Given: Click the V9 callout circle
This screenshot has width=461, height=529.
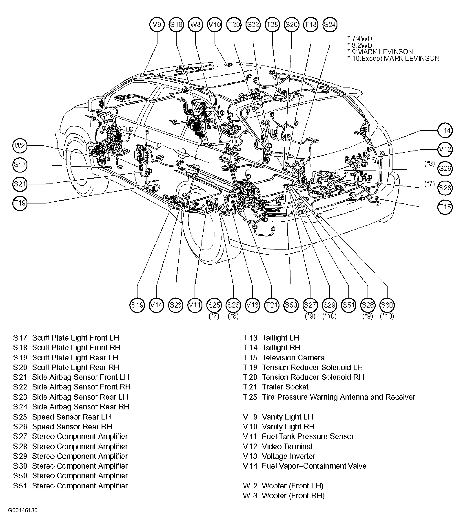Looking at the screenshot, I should click(157, 25).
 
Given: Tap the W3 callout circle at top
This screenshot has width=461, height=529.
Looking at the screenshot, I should click(195, 25).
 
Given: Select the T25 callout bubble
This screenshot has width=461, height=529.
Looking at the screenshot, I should click(272, 25).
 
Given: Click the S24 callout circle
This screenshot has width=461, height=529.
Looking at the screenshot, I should click(330, 25).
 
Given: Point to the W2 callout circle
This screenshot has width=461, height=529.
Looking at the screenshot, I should click(20, 146).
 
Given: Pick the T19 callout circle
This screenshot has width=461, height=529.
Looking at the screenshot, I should click(20, 203).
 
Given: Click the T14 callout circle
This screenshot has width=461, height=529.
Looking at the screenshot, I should click(445, 131).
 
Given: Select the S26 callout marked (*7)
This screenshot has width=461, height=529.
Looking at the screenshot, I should click(445, 188).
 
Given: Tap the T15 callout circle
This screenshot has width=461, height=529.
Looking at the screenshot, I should click(445, 207).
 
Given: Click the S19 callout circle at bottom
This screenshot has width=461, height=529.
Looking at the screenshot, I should click(137, 305).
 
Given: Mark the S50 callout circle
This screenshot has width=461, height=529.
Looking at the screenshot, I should click(291, 305).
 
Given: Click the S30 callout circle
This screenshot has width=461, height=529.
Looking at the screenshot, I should click(387, 305).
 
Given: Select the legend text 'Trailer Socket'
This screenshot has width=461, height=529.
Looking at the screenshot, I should click(285, 387).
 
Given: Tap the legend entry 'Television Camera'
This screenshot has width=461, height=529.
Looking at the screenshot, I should click(293, 358).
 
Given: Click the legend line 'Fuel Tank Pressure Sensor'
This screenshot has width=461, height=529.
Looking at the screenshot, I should click(308, 436).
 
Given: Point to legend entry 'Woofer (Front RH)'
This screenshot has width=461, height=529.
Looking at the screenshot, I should click(293, 496).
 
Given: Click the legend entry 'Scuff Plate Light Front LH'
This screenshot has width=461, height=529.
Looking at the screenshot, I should click(76, 338).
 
